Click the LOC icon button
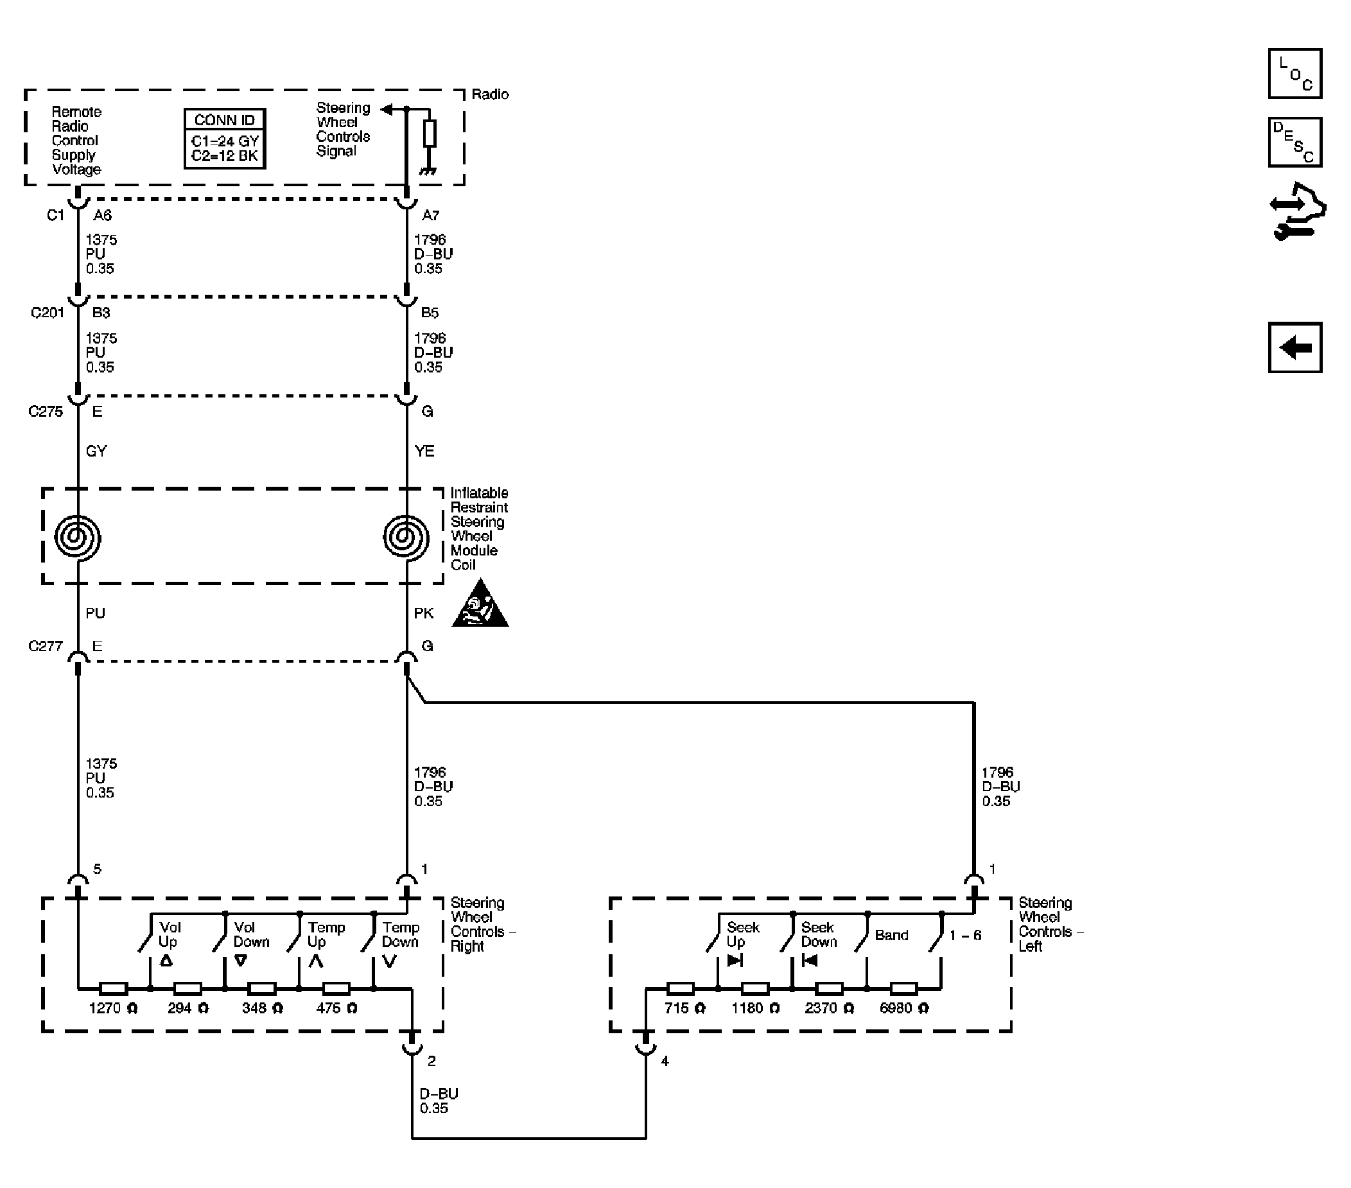pos(1294,73)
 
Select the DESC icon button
pos(1294,142)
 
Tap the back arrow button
pos(1294,348)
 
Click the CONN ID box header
pos(225,119)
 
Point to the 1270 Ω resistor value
pos(113,1008)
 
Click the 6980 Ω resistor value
pos(903,1008)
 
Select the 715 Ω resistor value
pos(684,1008)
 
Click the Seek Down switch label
pos(818,935)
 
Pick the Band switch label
pos(891,935)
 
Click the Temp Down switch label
pos(401,935)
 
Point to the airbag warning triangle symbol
pos(480,605)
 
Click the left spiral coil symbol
pos(78,537)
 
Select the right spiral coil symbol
pos(406,537)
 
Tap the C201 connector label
pos(47,312)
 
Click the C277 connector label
pos(45,646)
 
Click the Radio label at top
pos(490,94)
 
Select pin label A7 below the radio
pos(430,215)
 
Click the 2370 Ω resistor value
pos(829,1008)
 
